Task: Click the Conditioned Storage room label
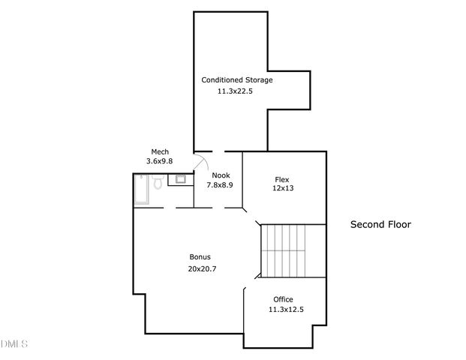pyautogui.click(x=236, y=79)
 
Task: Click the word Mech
pyautogui.click(x=159, y=151)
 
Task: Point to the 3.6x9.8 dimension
pyautogui.click(x=159, y=161)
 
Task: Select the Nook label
pyautogui.click(x=220, y=175)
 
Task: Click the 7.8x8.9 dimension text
pyautogui.click(x=220, y=184)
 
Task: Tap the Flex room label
pyautogui.click(x=282, y=179)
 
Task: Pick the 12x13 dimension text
pyautogui.click(x=282, y=188)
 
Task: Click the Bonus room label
pyautogui.click(x=200, y=256)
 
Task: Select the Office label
pyautogui.click(x=283, y=299)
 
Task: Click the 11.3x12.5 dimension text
pyautogui.click(x=287, y=310)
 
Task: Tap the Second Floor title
pyautogui.click(x=381, y=224)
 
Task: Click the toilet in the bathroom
pyautogui.click(x=158, y=183)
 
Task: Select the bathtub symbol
pyautogui.click(x=141, y=189)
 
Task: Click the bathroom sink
pyautogui.click(x=181, y=178)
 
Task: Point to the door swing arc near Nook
pyautogui.click(x=202, y=162)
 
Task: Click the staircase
pyautogui.click(x=284, y=250)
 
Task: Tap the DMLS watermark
pyautogui.click(x=14, y=344)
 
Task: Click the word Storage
pyautogui.click(x=257, y=79)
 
